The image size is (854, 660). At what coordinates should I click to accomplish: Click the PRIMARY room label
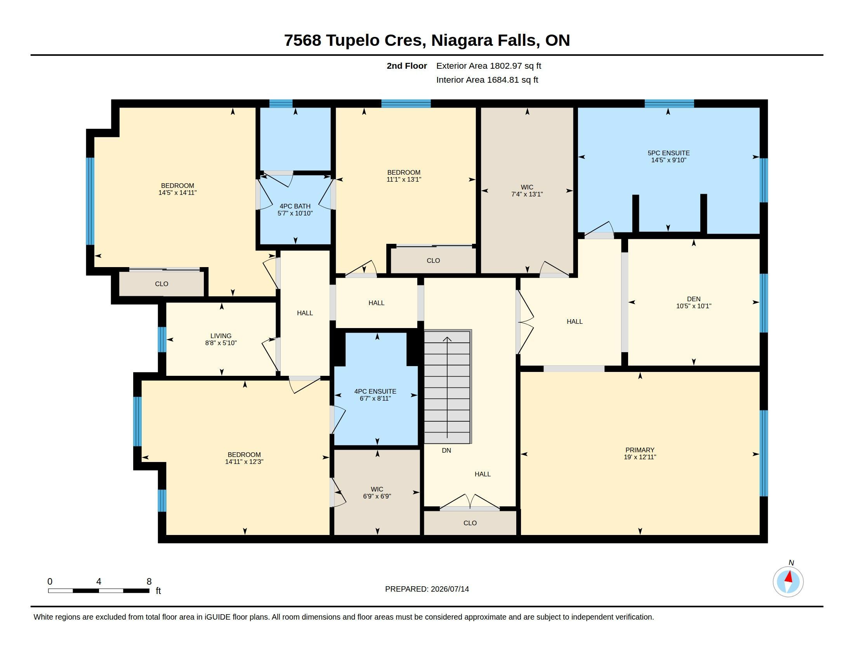(640, 450)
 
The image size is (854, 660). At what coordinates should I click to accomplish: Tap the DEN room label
(694, 299)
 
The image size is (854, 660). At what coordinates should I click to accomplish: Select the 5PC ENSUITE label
(669, 153)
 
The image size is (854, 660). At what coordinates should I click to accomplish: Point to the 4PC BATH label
(295, 206)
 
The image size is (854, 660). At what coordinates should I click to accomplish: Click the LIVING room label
(221, 336)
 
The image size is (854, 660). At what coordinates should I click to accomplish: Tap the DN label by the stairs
(446, 450)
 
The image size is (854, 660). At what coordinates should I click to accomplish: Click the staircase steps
(447, 387)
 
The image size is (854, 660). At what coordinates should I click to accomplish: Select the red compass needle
(789, 576)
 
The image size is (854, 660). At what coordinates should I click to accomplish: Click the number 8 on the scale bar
(149, 582)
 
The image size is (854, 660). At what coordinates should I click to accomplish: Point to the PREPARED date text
(427, 589)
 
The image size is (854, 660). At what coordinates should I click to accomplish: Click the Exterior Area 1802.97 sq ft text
(489, 66)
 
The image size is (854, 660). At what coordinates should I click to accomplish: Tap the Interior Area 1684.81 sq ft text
(487, 80)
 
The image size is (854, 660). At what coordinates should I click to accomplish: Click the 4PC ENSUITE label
(375, 391)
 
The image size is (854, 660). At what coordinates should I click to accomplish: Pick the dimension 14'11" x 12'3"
(245, 461)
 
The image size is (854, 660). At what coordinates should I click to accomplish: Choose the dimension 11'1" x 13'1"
(404, 179)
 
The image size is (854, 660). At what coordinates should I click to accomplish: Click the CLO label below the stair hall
(470, 523)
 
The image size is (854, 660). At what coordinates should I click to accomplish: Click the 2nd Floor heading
(407, 66)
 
